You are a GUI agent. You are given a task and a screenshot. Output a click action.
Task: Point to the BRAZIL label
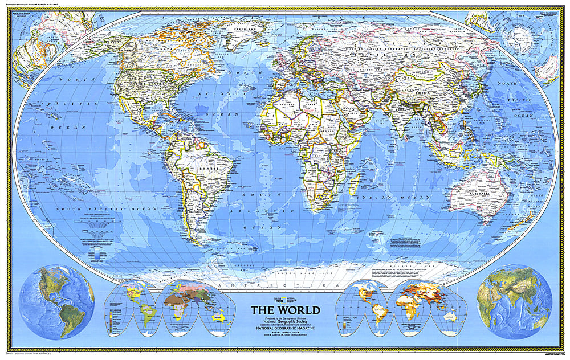[203, 169]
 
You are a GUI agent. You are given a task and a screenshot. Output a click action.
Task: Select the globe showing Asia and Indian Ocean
[514, 302]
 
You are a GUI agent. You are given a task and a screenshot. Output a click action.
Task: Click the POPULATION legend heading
[347, 314]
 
